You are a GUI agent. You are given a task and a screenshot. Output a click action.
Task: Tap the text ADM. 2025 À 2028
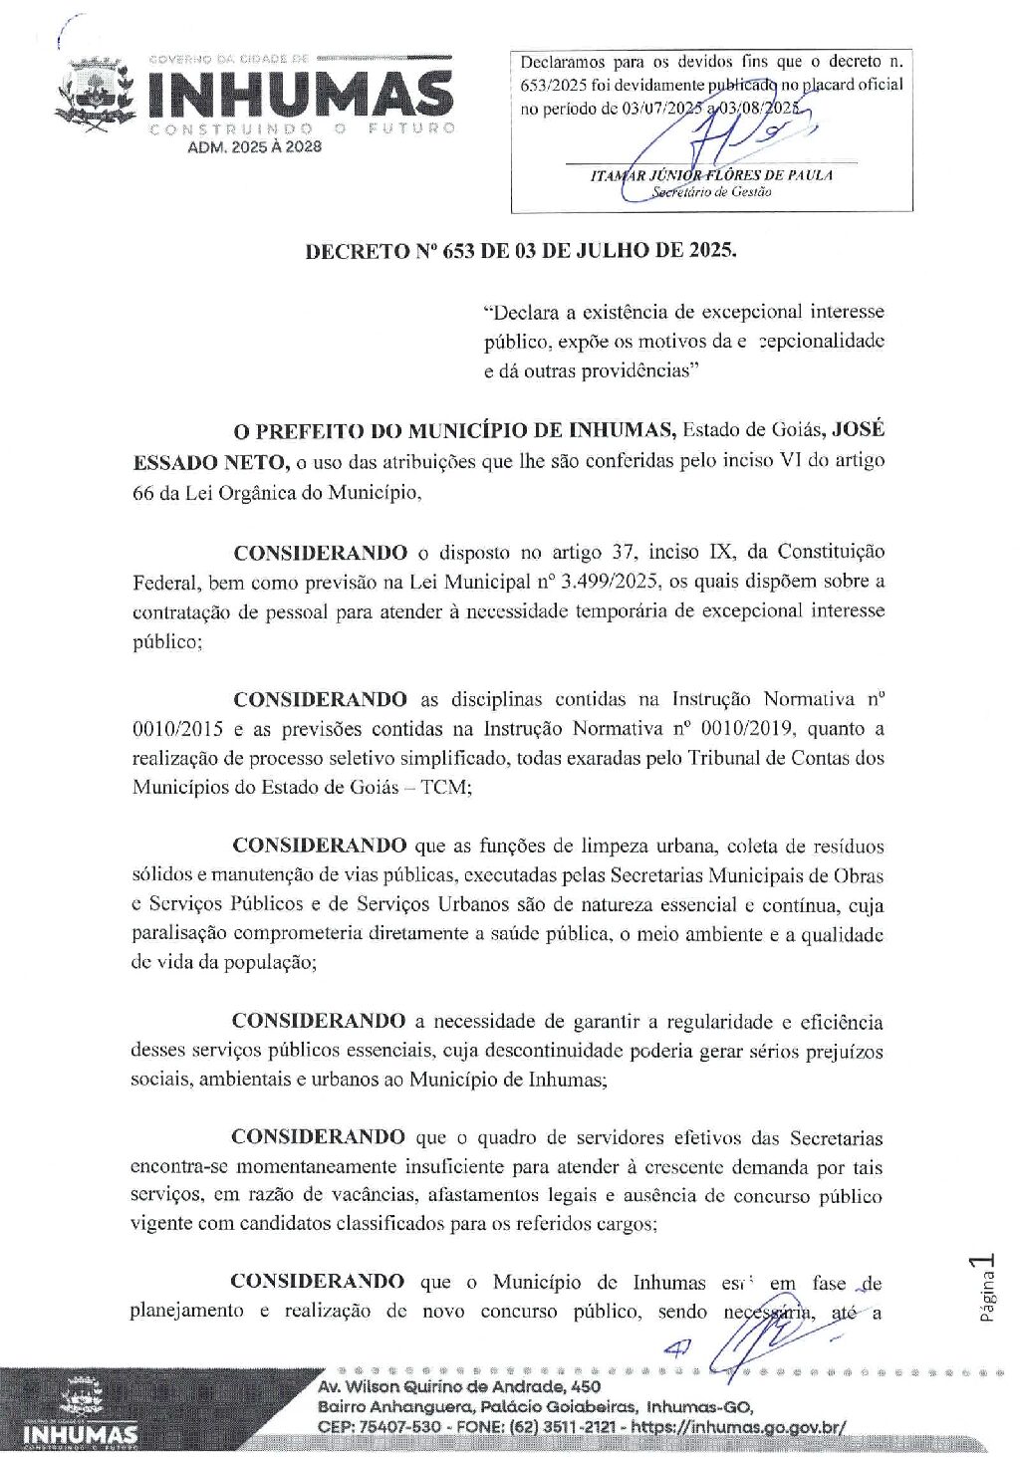[x=254, y=147]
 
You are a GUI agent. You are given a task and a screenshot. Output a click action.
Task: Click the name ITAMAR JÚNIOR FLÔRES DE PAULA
[x=711, y=175]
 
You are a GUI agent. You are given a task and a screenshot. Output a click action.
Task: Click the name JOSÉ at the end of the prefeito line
[x=858, y=430]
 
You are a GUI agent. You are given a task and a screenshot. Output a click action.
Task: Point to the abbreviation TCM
[x=444, y=787]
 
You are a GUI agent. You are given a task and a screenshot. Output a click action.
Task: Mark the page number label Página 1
[x=985, y=1289]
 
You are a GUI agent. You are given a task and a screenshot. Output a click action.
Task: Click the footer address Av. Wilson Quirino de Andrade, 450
[x=459, y=1386]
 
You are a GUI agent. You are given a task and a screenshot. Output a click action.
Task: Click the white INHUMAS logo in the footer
[x=80, y=1434]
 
